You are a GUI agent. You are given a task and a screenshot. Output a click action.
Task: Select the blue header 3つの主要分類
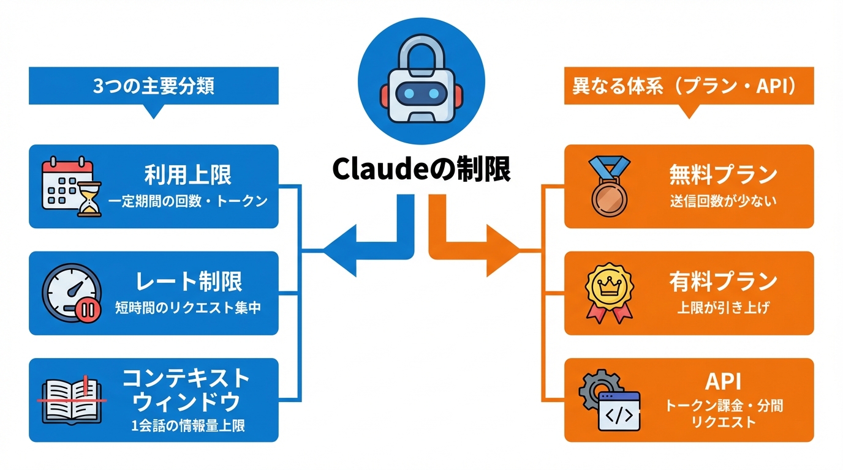[x=154, y=86]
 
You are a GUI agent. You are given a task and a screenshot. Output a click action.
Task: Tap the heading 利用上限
[x=187, y=176]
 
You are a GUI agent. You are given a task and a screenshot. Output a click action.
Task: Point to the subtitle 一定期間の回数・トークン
[x=187, y=201]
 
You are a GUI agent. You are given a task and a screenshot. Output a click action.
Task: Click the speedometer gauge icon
[x=69, y=293]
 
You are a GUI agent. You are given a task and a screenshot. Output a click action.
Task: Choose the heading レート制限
[x=187, y=282]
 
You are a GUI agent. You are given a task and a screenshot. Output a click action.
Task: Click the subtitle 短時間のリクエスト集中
[x=187, y=308]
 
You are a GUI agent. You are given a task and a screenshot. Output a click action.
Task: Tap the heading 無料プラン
[x=723, y=176]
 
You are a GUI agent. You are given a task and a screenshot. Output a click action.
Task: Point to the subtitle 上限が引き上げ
[x=723, y=308]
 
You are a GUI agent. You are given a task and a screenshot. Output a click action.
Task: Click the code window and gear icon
[x=610, y=400]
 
